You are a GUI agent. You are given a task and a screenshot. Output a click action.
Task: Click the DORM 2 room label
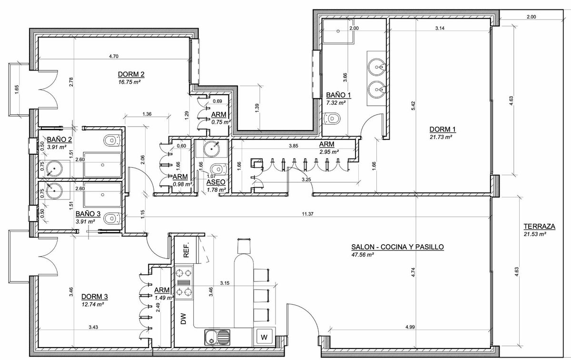pos(131,74)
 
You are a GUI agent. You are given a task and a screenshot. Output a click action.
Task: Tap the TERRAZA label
pos(540,226)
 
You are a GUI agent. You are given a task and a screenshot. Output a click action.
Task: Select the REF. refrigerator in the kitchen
pos(187,250)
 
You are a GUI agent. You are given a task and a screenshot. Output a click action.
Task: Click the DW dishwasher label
pos(184,319)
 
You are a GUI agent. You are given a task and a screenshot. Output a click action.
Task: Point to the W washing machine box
pos(264,337)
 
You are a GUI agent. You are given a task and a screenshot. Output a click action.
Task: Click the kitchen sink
pos(217,337)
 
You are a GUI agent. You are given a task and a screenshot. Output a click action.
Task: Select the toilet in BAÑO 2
pos(112,140)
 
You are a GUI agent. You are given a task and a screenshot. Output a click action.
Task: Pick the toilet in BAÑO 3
pos(112,219)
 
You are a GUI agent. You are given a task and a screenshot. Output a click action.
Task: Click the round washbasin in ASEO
pos(212,149)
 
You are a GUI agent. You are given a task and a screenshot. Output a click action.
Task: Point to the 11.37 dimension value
pos(307,214)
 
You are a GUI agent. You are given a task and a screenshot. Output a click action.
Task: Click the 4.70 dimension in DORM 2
pos(114,56)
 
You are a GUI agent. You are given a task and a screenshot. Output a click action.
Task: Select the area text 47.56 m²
pos(363,255)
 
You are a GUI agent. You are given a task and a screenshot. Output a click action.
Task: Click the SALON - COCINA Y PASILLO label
pos(397,247)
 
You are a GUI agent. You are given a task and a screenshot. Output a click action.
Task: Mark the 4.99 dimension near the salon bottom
pos(410,327)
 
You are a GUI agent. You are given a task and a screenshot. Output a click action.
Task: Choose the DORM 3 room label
pos(95,297)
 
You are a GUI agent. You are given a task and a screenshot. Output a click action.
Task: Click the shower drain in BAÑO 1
pos(338,31)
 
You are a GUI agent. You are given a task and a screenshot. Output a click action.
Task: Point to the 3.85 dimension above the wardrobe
pos(294,146)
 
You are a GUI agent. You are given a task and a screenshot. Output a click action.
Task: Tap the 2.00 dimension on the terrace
pos(531,17)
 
